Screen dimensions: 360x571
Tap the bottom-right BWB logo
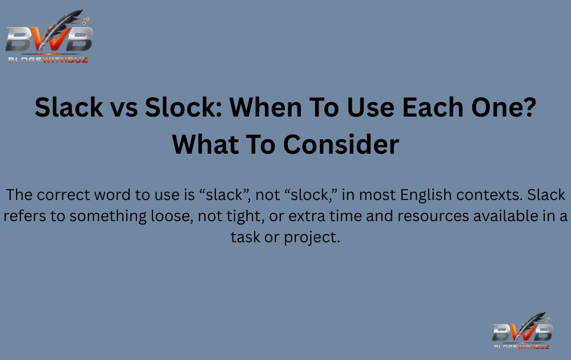[x=522, y=331]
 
